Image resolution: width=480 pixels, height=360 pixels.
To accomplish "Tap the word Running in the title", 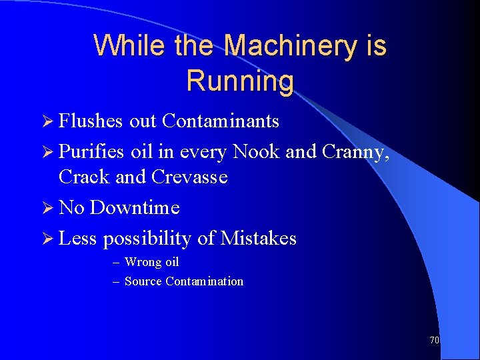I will pos(240,81).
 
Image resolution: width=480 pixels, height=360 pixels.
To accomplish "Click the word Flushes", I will pos(91,121).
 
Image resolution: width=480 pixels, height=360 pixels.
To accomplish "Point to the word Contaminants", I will pos(221,121).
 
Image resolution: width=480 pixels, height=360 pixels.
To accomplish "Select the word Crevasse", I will pos(189,177).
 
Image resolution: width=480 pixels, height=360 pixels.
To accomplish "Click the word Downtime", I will pos(135,207).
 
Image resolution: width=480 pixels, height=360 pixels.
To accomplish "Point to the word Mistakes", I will pos(259,238).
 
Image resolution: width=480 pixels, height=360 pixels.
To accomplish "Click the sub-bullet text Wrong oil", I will pos(152,262).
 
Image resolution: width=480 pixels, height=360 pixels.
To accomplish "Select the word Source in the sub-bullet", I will pos(143,281).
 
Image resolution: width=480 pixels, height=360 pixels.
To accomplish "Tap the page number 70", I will pos(434,340).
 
